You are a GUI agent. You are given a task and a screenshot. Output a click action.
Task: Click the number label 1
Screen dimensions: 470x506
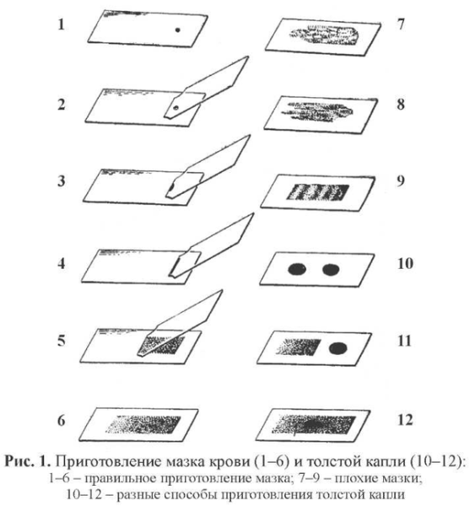[x=61, y=24]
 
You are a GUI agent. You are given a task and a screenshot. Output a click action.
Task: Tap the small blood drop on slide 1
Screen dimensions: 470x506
[x=177, y=30]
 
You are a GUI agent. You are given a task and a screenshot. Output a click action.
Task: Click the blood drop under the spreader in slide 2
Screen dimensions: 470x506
[x=176, y=108]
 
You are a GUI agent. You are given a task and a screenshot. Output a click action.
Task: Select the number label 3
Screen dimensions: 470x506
[x=62, y=180]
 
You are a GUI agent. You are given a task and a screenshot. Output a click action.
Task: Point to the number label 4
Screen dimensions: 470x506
[x=62, y=263]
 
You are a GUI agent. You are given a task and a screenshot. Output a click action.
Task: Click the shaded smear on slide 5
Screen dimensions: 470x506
[x=161, y=345]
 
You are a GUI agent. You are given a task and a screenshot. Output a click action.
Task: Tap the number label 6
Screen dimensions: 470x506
[x=62, y=421]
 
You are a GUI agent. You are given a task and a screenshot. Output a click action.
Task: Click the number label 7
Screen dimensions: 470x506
[x=401, y=24]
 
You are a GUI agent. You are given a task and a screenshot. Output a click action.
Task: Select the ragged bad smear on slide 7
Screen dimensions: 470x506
[x=324, y=35]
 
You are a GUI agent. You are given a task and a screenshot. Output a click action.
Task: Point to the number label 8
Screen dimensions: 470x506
[x=401, y=105]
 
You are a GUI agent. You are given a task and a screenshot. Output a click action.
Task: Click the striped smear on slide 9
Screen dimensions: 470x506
[x=318, y=192]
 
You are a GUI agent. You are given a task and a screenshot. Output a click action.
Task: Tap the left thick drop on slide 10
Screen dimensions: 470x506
[x=297, y=269]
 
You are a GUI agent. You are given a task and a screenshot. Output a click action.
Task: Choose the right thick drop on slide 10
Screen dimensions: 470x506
[x=331, y=269]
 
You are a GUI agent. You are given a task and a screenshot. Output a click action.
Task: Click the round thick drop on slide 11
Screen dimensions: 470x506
[x=338, y=348]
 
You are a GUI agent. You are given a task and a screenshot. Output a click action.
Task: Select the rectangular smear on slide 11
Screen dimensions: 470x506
[x=298, y=347]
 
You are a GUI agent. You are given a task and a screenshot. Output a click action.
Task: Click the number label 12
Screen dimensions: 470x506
[x=405, y=420]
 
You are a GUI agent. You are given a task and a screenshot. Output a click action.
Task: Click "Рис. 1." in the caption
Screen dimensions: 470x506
[x=28, y=461]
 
